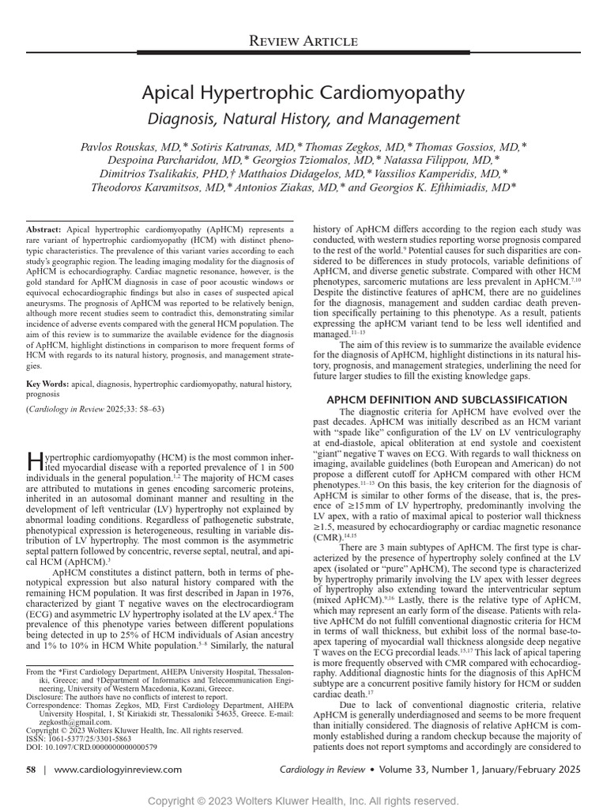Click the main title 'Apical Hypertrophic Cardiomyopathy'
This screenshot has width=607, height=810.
coord(303,93)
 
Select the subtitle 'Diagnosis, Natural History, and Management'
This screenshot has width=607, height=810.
coord(303,119)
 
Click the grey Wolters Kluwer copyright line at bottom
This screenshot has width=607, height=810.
coord(303,801)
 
